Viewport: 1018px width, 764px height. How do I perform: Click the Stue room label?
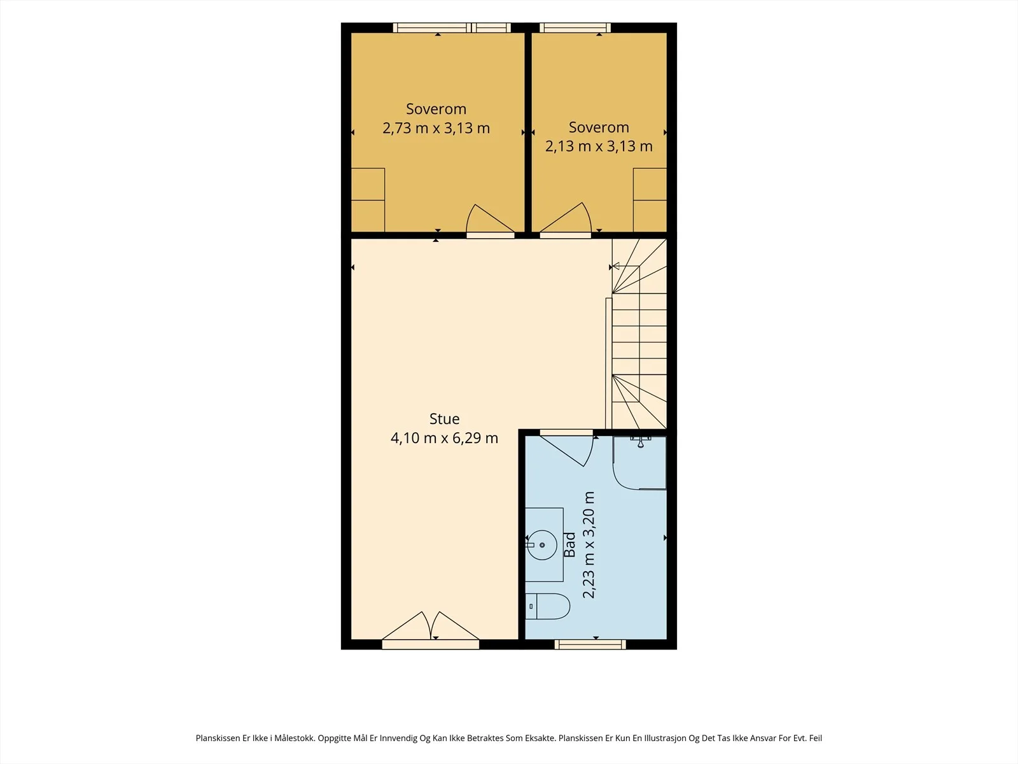point(444,419)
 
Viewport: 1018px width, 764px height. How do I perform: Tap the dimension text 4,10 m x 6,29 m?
point(444,438)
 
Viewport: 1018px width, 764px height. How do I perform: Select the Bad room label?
point(569,544)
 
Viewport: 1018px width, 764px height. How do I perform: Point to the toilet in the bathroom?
point(547,606)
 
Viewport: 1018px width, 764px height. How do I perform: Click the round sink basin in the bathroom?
point(542,544)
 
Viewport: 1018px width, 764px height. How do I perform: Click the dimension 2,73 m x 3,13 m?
point(436,128)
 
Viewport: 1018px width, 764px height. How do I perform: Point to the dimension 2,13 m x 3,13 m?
point(599,146)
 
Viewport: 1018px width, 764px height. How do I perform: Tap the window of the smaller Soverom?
point(575,28)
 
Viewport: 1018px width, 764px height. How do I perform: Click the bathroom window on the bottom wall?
point(590,644)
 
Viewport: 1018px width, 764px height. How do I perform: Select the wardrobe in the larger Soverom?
point(368,200)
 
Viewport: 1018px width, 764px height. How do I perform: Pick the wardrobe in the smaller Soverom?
point(650,200)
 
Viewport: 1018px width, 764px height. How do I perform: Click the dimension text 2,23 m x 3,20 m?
point(589,544)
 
